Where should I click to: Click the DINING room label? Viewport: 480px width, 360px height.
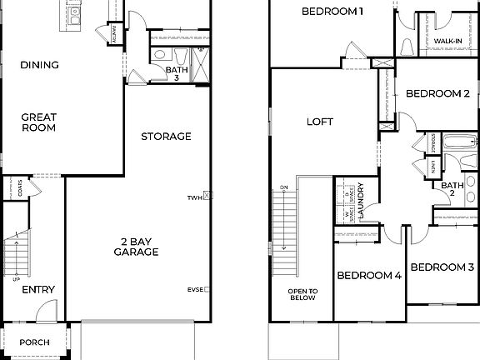click(x=38, y=65)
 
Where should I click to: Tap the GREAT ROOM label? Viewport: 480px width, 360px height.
click(x=38, y=122)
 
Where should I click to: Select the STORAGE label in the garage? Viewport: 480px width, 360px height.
click(x=166, y=136)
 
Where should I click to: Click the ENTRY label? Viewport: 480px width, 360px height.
click(x=38, y=290)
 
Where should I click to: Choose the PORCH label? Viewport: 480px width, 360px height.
click(x=35, y=342)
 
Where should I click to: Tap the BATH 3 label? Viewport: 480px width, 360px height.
click(x=172, y=74)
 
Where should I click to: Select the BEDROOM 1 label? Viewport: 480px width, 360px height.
click(x=332, y=12)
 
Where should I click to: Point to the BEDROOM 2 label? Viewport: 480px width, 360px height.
click(x=438, y=94)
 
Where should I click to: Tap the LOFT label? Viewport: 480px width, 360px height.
click(x=320, y=122)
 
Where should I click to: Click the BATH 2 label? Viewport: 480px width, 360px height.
click(x=452, y=188)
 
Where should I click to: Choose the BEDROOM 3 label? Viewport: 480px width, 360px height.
click(x=442, y=267)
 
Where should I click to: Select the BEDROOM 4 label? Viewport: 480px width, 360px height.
click(x=370, y=276)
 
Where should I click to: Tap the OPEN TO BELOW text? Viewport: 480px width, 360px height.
click(x=302, y=294)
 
